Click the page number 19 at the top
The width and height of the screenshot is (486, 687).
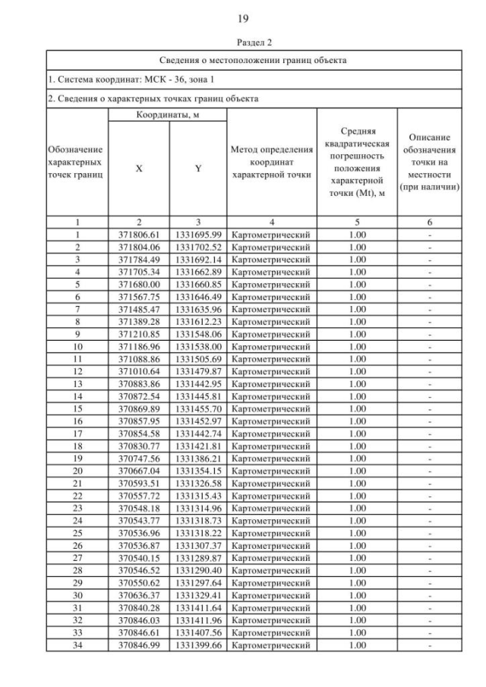click(243, 18)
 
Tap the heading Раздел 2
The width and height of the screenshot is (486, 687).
click(243, 43)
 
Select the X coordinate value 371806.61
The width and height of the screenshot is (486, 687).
click(139, 235)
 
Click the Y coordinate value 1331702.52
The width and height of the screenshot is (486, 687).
click(197, 247)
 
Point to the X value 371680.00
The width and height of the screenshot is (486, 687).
click(139, 284)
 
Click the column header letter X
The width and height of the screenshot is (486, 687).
click(139, 169)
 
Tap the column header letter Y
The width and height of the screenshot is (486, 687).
click(197, 169)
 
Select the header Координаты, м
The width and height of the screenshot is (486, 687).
click(167, 115)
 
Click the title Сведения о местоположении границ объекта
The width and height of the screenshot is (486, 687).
click(243, 59)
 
